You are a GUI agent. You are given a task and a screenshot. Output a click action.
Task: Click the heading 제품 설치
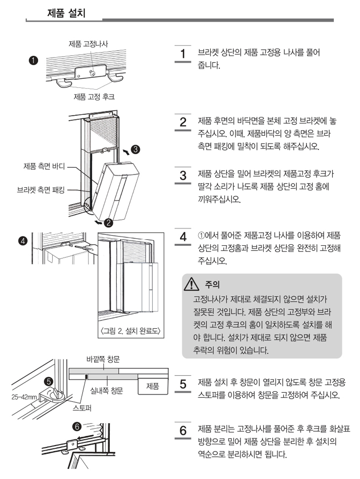66,13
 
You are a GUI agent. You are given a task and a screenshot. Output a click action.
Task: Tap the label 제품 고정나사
88,44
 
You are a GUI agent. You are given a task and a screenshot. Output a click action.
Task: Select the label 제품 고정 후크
94,97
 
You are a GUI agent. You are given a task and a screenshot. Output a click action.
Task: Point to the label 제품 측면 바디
44,166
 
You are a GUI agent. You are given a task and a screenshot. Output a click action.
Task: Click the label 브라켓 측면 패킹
41,190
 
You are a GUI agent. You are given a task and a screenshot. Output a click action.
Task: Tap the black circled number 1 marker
33,60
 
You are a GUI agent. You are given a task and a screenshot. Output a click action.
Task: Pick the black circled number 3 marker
135,149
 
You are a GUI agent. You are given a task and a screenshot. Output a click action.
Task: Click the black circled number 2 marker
108,222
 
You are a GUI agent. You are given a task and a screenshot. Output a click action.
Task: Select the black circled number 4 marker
23,241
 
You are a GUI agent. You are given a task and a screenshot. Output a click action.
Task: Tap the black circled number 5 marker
48,381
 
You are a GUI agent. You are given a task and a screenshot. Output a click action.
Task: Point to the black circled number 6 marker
76,427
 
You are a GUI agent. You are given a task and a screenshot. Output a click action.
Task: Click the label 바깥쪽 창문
103,359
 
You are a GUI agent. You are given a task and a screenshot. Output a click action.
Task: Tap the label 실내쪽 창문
107,391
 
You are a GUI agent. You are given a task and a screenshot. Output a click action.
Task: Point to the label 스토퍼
82,408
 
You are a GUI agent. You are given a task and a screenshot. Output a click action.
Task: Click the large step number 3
183,175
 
